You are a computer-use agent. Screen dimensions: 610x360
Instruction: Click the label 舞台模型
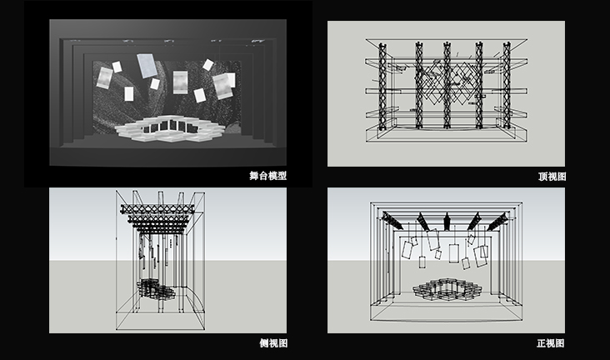click(x=267, y=176)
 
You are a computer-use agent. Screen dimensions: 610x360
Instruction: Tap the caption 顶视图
click(x=552, y=177)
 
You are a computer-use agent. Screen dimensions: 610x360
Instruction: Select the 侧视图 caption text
click(x=273, y=343)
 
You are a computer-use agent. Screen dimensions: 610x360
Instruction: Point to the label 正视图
click(x=551, y=343)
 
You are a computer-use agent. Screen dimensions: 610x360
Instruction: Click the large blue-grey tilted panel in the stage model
click(x=147, y=65)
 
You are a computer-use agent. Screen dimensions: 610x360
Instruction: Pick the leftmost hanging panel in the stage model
click(x=104, y=77)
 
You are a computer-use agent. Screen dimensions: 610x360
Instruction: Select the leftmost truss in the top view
click(x=382, y=86)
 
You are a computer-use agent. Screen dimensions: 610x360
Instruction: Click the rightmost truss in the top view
click(x=506, y=86)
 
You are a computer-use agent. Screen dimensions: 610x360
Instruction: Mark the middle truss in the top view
click(x=447, y=86)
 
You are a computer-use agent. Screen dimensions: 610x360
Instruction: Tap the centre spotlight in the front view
click(x=447, y=221)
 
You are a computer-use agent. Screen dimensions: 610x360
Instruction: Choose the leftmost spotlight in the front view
click(x=392, y=220)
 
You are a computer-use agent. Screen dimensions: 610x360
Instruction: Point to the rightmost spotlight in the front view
click(x=497, y=221)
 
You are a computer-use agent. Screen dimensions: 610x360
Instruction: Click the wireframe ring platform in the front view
click(x=447, y=290)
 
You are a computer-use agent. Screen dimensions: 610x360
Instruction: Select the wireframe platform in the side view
click(x=157, y=289)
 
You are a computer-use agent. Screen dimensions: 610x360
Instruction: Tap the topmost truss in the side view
click(x=157, y=209)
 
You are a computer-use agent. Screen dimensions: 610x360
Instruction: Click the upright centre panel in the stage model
click(x=180, y=82)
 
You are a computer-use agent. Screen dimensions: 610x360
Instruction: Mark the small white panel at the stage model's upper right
click(x=208, y=65)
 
